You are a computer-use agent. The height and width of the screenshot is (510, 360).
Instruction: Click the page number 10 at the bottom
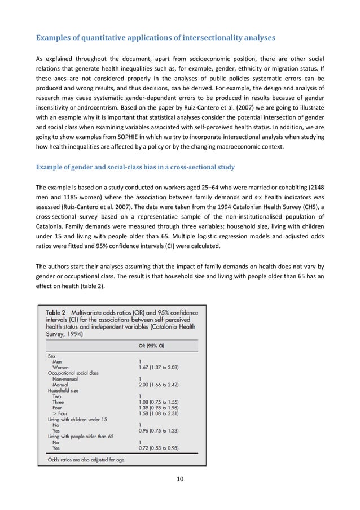(180, 480)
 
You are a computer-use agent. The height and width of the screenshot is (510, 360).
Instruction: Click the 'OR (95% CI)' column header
(156, 347)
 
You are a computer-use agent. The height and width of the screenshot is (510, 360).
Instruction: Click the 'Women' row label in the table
(62, 368)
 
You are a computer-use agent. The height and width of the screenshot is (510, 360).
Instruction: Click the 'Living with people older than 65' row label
(81, 438)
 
